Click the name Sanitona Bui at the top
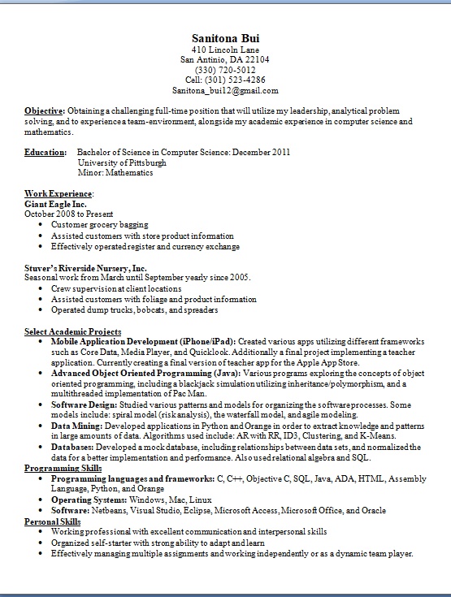click(225, 38)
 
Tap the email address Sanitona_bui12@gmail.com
click(225, 90)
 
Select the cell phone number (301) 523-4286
click(225, 80)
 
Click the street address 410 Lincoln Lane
click(225, 50)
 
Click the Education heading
click(45, 152)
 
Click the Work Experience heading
click(59, 194)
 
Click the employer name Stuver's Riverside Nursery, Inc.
click(85, 267)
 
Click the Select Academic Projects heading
click(72, 332)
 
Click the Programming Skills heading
click(63, 469)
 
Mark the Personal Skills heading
click(54, 521)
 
